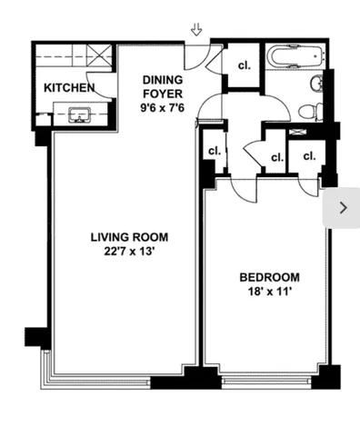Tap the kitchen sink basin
(76, 114)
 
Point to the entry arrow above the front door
(196, 31)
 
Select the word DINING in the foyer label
(162, 80)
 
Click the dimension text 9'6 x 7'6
(163, 106)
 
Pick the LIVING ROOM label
(129, 237)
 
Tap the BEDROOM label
(269, 278)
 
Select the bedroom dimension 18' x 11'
(269, 292)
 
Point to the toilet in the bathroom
(310, 110)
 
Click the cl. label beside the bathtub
(244, 65)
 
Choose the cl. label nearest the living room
(215, 152)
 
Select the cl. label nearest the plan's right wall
(309, 156)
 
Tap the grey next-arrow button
(342, 207)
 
